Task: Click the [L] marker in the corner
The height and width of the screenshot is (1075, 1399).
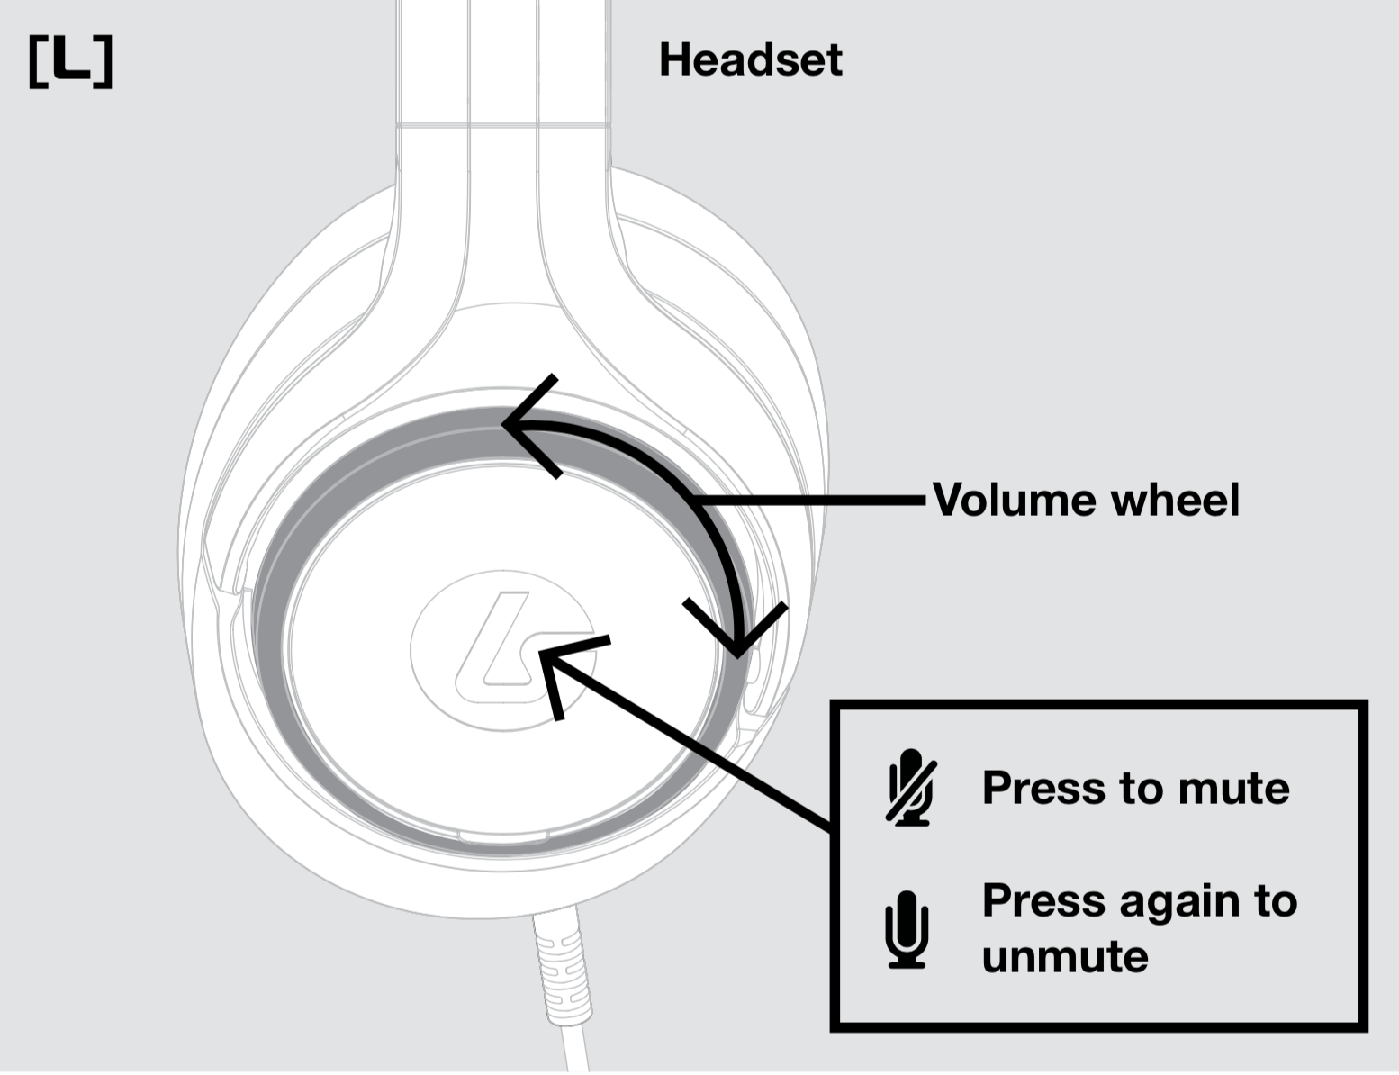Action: click(70, 62)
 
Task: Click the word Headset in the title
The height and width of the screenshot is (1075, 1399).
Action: click(750, 60)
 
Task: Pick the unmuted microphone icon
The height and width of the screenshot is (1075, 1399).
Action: click(907, 929)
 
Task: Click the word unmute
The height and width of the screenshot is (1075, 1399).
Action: click(1065, 956)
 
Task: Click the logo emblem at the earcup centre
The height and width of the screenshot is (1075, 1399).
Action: click(501, 646)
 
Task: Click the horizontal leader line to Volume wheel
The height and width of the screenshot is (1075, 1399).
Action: click(810, 499)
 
